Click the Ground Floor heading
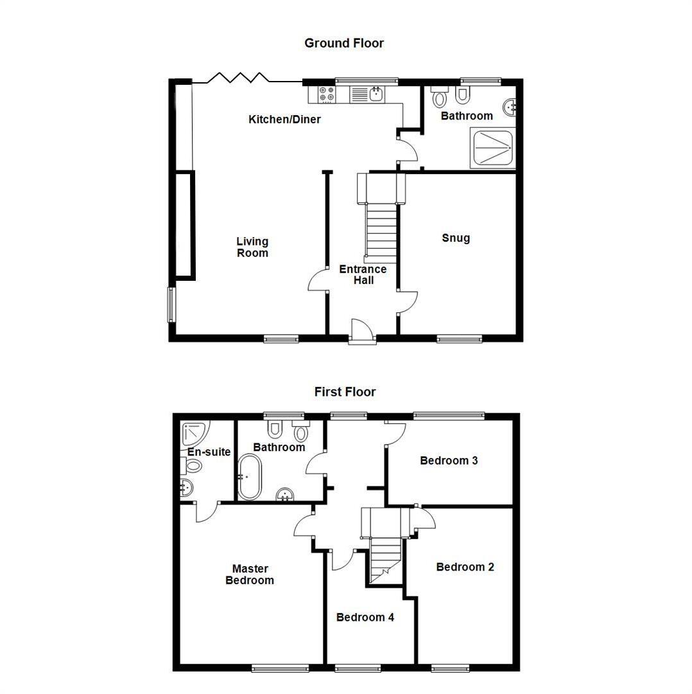point(344,43)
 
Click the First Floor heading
point(345,391)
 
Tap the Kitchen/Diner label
point(284,119)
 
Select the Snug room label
point(456,238)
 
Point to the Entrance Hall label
point(363,274)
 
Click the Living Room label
point(252,247)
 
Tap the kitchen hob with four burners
point(326,94)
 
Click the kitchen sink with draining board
point(367,94)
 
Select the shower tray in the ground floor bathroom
point(492,148)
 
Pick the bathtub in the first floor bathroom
point(249,477)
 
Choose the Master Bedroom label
point(250,574)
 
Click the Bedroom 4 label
point(365,618)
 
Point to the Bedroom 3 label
point(449,461)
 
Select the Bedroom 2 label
point(465,567)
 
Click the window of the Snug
point(460,339)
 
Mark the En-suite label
point(209,452)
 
